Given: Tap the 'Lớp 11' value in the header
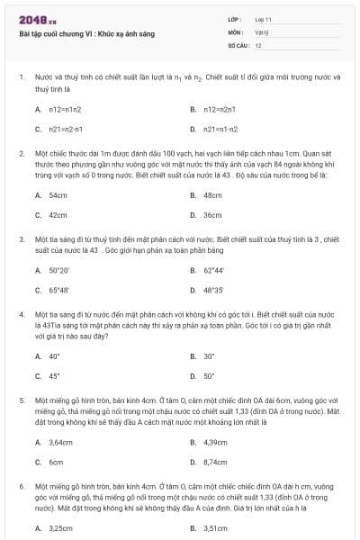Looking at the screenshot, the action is click(x=264, y=19).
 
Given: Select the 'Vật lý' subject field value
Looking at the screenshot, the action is click(x=262, y=31).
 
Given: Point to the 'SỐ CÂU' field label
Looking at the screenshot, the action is click(x=238, y=44).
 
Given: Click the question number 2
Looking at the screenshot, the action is click(x=21, y=154).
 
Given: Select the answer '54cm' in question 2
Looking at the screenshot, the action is click(x=58, y=195).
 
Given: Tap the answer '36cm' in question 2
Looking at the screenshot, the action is click(x=212, y=215).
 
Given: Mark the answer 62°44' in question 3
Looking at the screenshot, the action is click(x=214, y=270).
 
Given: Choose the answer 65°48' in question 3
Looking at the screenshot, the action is click(x=59, y=291).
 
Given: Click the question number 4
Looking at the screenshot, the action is click(x=21, y=314).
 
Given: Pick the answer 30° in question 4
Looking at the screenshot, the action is click(x=209, y=356).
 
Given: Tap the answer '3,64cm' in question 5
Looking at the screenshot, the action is click(x=60, y=442).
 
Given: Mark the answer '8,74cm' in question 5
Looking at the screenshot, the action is click(x=215, y=462).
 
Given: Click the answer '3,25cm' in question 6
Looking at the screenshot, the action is click(x=60, y=528).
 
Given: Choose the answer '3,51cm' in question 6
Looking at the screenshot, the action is click(x=215, y=528).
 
